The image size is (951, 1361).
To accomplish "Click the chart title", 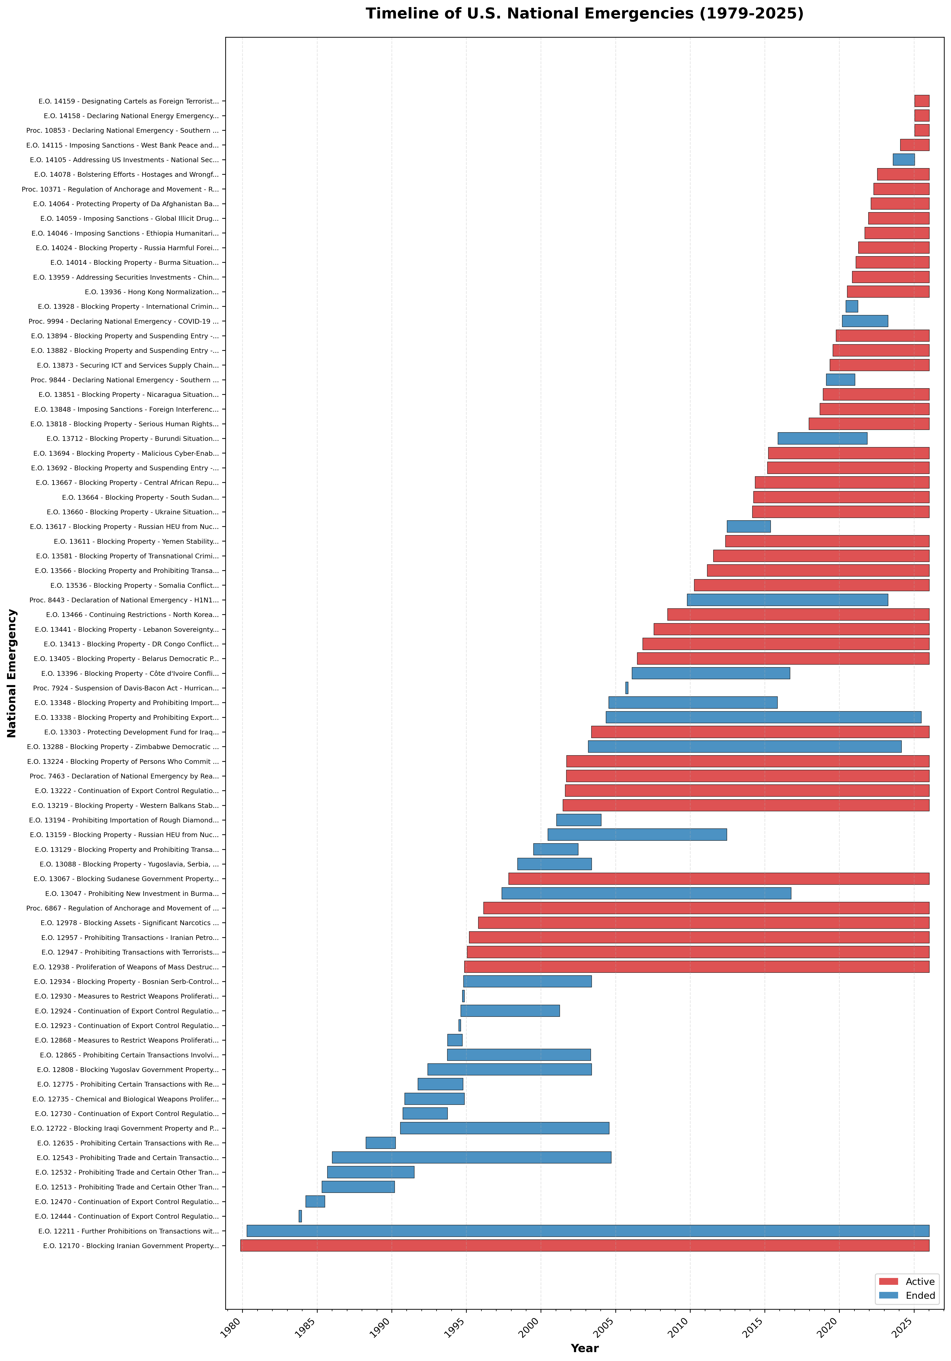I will (584, 14).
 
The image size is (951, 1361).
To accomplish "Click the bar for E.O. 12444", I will (300, 1216).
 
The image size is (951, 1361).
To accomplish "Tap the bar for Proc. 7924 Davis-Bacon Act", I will (626, 688).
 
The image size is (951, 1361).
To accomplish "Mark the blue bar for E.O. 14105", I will (903, 159).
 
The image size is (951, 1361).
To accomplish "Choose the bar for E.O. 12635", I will (380, 1143).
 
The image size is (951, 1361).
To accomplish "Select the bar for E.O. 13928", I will (851, 307).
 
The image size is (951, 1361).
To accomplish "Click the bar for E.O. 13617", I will (748, 526).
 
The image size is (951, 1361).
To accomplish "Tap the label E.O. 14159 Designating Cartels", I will (129, 101).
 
